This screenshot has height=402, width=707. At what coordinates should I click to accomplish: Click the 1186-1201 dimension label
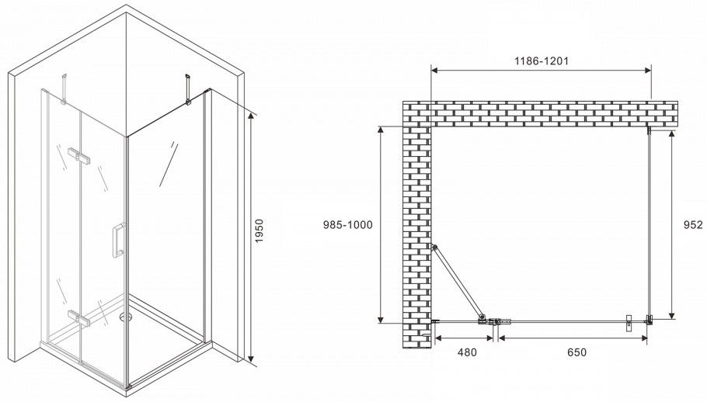pyautogui.click(x=542, y=61)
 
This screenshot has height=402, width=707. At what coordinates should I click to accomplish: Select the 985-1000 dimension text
pyautogui.click(x=347, y=224)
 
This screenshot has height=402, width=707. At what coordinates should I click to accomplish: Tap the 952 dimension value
pyautogui.click(x=694, y=224)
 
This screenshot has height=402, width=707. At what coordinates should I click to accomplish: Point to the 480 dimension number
pyautogui.click(x=467, y=352)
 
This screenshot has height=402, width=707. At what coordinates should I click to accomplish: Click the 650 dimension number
pyautogui.click(x=577, y=352)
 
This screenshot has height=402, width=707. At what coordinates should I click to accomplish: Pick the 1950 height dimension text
pyautogui.click(x=259, y=231)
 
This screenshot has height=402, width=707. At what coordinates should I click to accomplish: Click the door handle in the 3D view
pyautogui.click(x=118, y=240)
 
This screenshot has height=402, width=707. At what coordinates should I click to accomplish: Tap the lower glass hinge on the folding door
pyautogui.click(x=79, y=318)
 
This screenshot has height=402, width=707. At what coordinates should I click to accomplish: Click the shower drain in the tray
pyautogui.click(x=126, y=317)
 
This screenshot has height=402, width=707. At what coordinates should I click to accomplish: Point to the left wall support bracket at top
pyautogui.click(x=64, y=88)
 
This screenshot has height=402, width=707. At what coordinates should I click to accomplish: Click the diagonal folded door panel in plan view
pyautogui.click(x=458, y=282)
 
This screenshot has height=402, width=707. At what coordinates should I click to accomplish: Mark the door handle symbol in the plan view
pyautogui.click(x=629, y=323)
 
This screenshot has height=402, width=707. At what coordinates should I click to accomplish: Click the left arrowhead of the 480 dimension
pyautogui.click(x=438, y=338)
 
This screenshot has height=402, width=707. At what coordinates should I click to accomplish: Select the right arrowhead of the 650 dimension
pyautogui.click(x=643, y=338)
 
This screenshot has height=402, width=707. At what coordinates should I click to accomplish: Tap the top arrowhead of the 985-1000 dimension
pyautogui.click(x=381, y=130)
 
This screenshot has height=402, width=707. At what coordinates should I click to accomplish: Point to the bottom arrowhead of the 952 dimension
pyautogui.click(x=672, y=314)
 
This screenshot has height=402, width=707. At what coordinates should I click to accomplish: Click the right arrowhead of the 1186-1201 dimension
pyautogui.click(x=647, y=70)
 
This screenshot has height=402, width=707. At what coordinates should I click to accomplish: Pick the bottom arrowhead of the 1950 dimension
pyautogui.click(x=250, y=358)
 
